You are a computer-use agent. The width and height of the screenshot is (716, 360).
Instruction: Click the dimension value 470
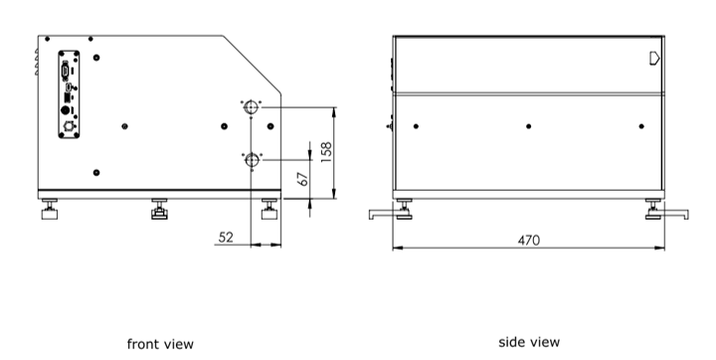pos(529,241)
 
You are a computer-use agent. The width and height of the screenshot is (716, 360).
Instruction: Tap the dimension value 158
pos(326,152)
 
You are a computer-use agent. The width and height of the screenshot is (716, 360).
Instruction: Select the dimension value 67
pos(303,179)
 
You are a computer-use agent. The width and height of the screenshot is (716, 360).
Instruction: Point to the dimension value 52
pos(226,237)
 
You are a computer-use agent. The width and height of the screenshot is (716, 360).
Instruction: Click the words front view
pos(160,344)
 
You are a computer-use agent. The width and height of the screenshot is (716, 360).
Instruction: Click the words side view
pos(529,342)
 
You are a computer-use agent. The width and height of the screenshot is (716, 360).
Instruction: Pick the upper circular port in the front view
pos(251,107)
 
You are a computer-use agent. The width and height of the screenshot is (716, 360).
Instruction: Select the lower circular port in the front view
pos(252,160)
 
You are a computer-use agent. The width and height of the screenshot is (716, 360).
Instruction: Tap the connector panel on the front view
pos(69,94)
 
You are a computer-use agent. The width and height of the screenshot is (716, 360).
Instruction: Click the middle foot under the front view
pos(159,209)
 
